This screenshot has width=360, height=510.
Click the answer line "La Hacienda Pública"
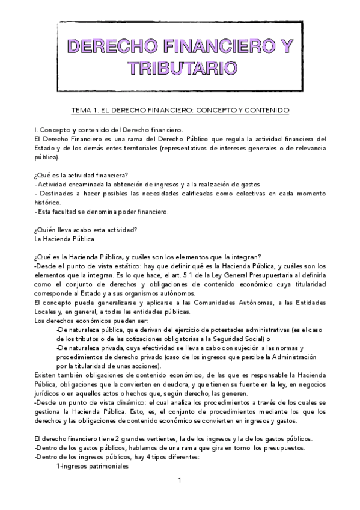[x=64, y=238]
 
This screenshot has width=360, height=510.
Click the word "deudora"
[x=170, y=382]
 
